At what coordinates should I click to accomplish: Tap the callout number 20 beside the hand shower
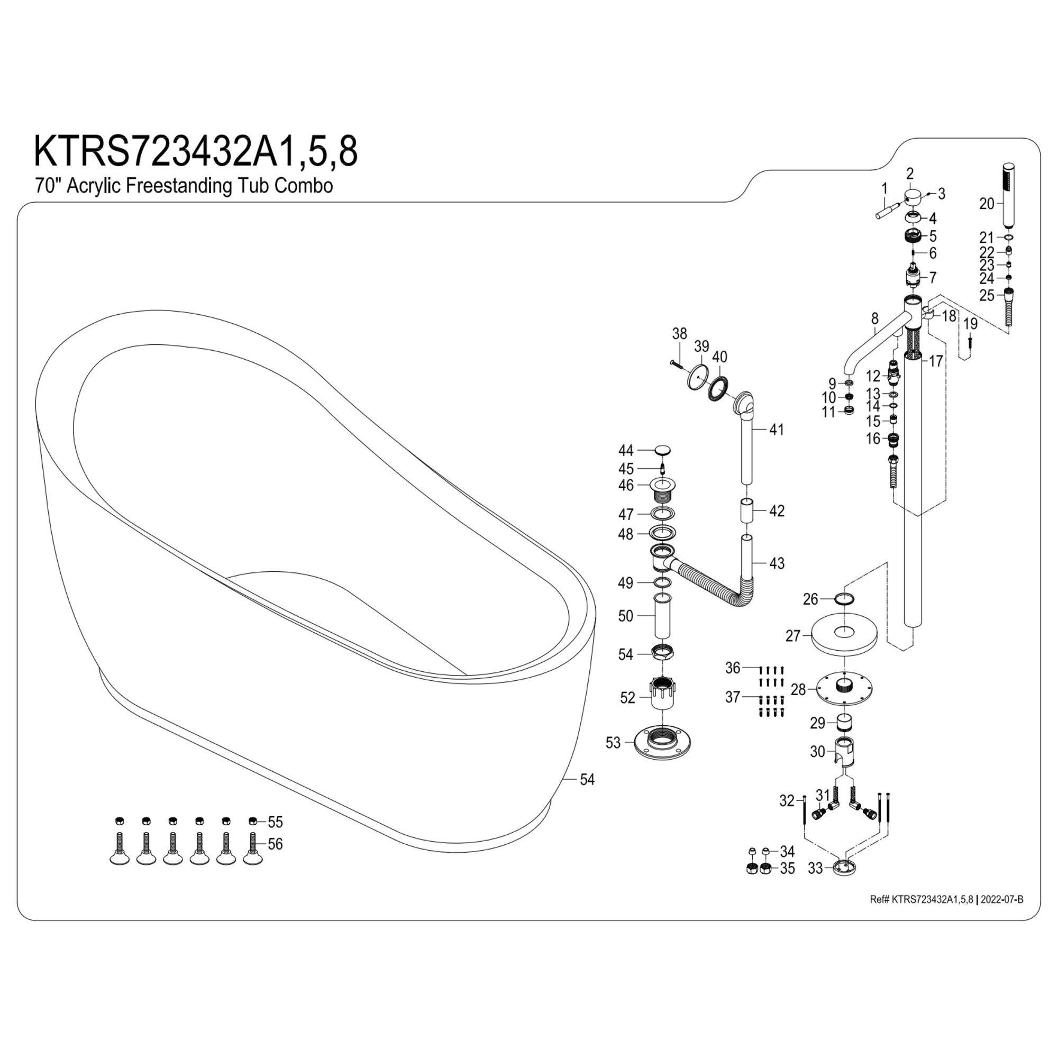pyautogui.click(x=987, y=204)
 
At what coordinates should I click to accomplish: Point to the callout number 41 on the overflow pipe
pyautogui.click(x=777, y=430)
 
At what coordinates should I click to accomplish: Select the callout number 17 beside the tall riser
pyautogui.click(x=936, y=361)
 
